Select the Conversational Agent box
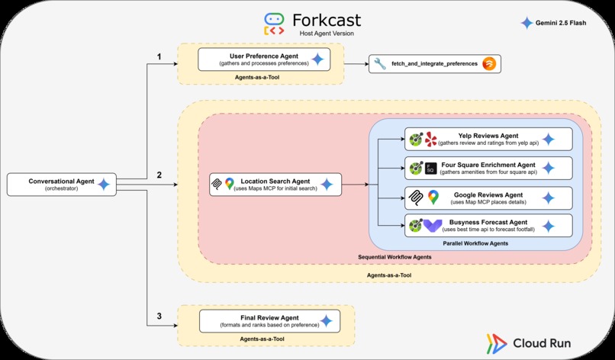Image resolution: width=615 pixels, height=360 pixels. coord(61,184)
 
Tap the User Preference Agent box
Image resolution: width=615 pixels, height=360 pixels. coord(263,59)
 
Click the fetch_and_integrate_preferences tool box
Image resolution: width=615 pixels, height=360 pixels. coord(435,64)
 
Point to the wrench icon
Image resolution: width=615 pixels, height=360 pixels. coord(379,64)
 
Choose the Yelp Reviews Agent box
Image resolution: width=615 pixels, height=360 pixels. coord(488,140)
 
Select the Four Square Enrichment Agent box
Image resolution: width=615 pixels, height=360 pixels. coord(488,169)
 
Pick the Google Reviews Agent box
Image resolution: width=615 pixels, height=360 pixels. coord(488,198)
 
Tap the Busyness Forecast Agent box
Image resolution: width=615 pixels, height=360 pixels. coord(488,226)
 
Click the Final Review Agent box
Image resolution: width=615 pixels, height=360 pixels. coord(263,320)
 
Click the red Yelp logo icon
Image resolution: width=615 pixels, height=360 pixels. coord(432,140)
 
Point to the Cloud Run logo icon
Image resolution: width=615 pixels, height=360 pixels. coord(495,342)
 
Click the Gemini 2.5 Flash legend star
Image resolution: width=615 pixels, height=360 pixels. coord(526,23)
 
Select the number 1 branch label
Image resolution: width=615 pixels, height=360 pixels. coord(159,56)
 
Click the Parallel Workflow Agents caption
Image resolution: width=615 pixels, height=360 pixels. coord(476,243)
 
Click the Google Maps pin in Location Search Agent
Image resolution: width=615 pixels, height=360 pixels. coord(229,184)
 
